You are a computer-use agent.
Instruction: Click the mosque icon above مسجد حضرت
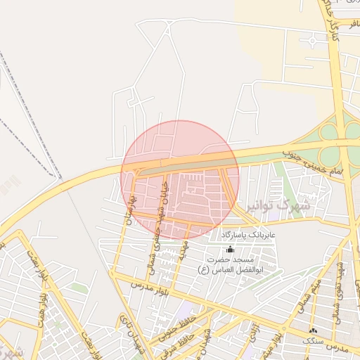click(x=230, y=250)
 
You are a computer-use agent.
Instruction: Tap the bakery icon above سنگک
click(x=313, y=330)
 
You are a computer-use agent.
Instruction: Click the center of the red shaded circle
click(x=180, y=179)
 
